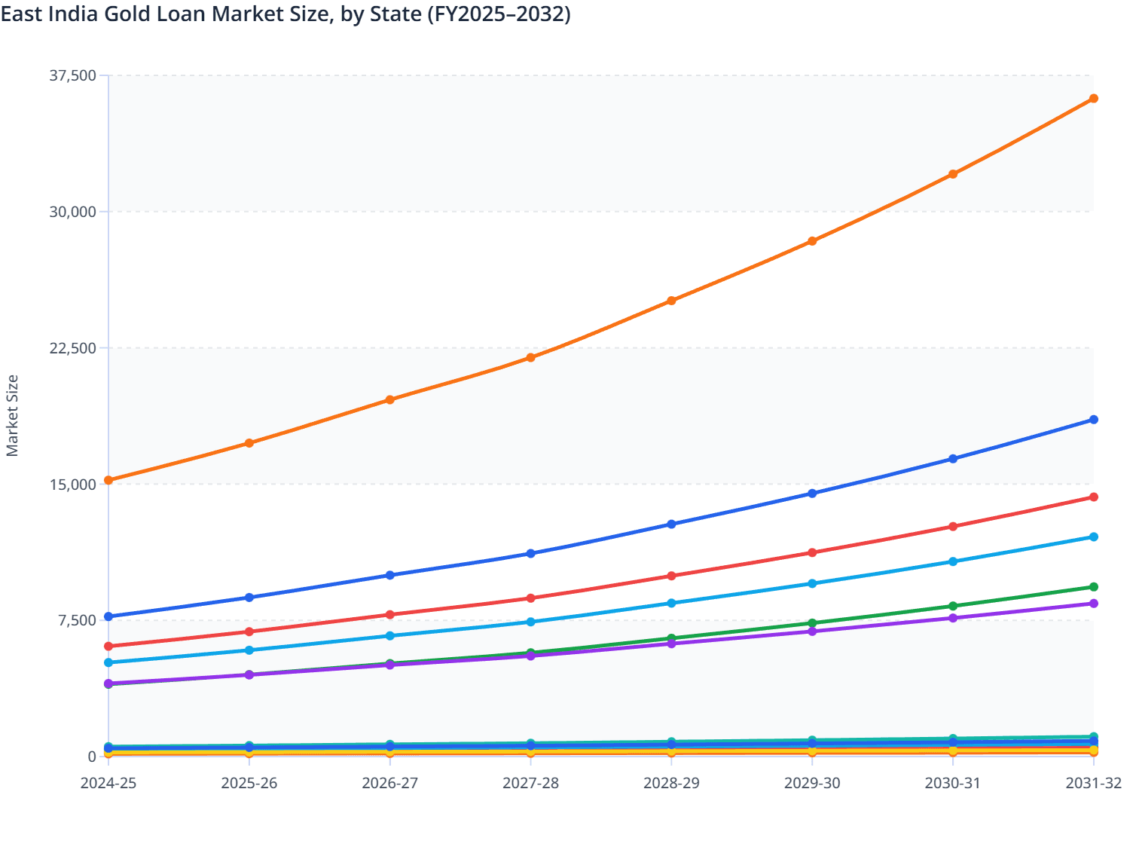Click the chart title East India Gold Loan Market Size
(285, 14)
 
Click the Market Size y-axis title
(12, 416)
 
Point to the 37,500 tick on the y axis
(73, 75)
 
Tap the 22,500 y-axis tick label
(73, 348)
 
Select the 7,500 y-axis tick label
(78, 620)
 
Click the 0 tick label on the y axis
(92, 757)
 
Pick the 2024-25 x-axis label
(108, 784)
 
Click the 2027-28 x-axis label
(530, 784)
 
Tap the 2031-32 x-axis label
(1093, 784)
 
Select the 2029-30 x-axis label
(812, 784)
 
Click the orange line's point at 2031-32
(1094, 99)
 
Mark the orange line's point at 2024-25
(108, 480)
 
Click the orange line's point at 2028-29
(671, 301)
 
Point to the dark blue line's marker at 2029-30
(812, 494)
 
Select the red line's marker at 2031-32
(1094, 497)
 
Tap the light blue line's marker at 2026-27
(390, 636)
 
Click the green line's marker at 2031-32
(1094, 587)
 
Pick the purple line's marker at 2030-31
(953, 618)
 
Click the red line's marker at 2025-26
(249, 631)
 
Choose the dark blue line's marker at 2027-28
(530, 553)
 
